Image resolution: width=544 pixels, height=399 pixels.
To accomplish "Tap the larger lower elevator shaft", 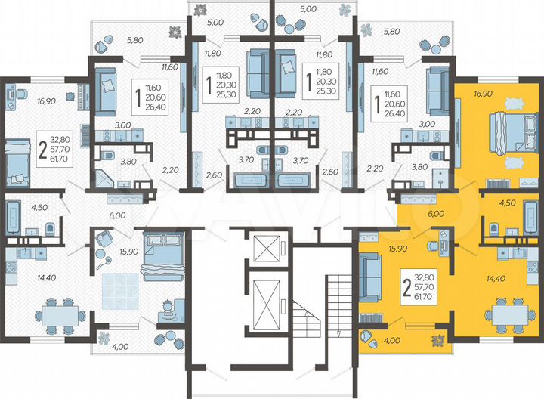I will (x=268, y=298).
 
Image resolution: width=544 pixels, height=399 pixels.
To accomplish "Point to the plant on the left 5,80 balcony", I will (x=175, y=32).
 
